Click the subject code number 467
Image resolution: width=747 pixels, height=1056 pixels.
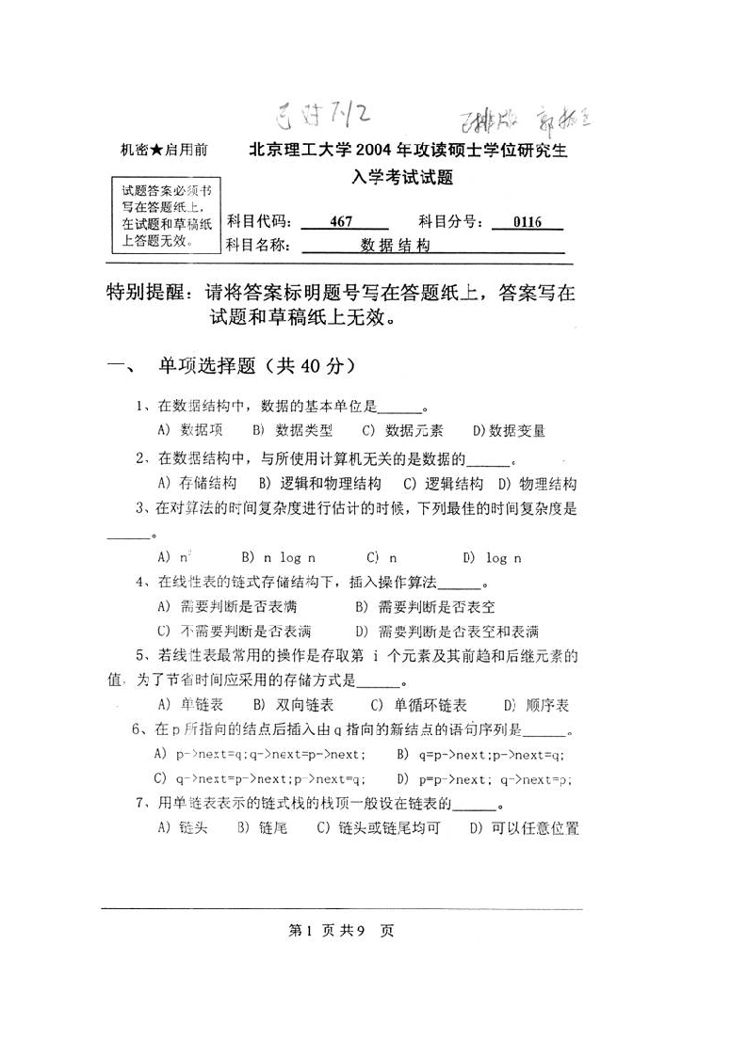tap(341, 223)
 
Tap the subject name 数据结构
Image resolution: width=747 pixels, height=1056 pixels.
tap(396, 246)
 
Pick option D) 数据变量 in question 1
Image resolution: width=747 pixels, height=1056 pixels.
tap(509, 430)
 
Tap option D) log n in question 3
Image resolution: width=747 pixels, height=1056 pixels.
tap(493, 557)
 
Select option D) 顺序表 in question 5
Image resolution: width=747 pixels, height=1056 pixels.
tap(537, 705)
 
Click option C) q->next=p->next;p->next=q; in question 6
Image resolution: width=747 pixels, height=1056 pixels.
tap(260, 778)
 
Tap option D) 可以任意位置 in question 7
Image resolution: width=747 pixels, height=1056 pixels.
tap(524, 828)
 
